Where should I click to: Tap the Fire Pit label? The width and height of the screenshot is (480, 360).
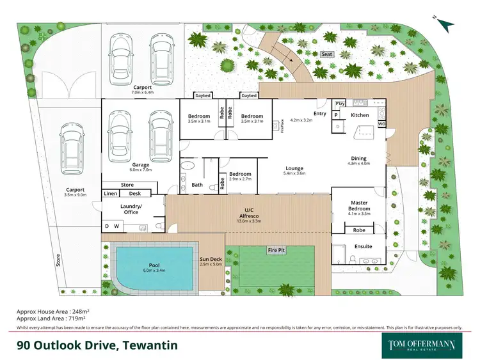tap(276, 249)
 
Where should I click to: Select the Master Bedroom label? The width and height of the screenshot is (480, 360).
tap(358, 205)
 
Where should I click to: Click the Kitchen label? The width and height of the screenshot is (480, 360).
tap(360, 115)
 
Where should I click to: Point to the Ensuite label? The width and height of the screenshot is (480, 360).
tap(363, 246)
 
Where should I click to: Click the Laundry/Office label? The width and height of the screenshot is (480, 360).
tap(131, 209)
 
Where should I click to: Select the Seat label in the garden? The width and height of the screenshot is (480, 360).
tap(327, 55)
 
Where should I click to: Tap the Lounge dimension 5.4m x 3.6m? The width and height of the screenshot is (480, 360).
tap(295, 173)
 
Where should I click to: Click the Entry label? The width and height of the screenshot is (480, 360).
tap(319, 114)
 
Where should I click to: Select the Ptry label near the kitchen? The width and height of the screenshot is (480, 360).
tap(340, 103)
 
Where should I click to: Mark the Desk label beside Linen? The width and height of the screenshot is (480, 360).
tap(134, 193)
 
